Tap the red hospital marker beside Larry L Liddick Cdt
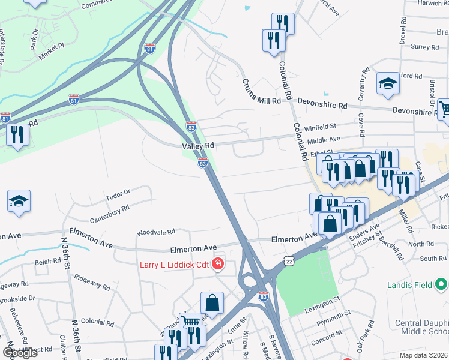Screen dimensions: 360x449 click(x=217, y=265)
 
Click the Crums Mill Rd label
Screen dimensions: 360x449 click(x=261, y=92)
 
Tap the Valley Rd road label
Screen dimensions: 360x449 click(x=199, y=146)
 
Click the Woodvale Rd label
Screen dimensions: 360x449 click(x=155, y=232)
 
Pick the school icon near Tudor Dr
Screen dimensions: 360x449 click(x=19, y=202)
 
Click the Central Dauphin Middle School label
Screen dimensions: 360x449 click(x=422, y=328)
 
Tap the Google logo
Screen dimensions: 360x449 click(x=20, y=353)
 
